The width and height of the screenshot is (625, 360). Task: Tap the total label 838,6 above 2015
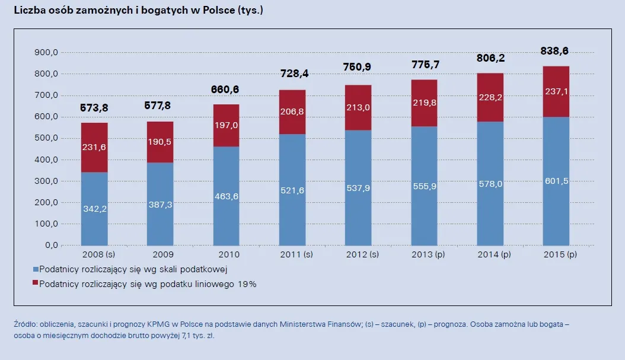click(x=558, y=52)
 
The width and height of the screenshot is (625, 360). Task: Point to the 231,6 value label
click(x=94, y=147)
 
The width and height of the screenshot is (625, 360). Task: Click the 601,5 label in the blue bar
click(x=556, y=181)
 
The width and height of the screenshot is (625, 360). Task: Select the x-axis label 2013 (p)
click(x=424, y=254)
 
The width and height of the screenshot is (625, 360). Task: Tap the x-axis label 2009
click(x=160, y=254)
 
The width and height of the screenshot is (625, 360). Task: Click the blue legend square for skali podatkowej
click(x=35, y=269)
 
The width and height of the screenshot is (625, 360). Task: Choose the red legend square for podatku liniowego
click(x=35, y=284)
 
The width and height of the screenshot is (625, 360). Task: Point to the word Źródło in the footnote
click(x=24, y=324)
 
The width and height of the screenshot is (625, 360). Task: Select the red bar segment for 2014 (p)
click(x=490, y=97)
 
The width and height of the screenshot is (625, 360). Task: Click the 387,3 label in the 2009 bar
click(x=160, y=203)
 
